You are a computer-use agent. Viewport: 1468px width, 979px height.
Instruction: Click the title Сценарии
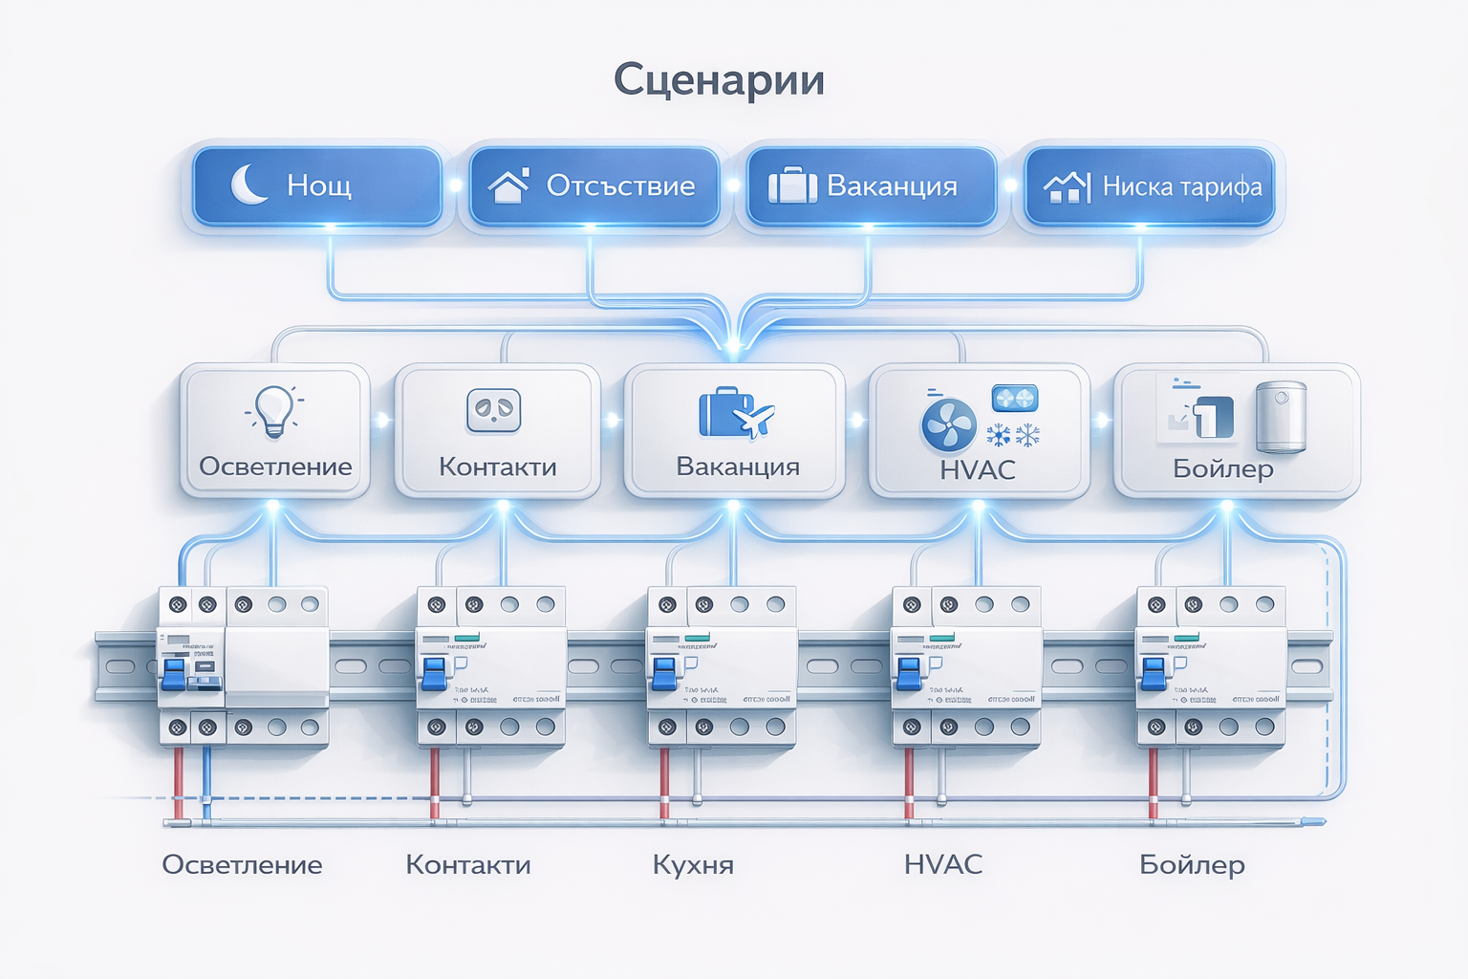pyautogui.click(x=719, y=79)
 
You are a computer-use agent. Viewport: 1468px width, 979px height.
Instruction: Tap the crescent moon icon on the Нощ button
pyautogui.click(x=248, y=184)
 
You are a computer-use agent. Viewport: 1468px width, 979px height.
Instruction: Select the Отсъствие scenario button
pyautogui.click(x=594, y=185)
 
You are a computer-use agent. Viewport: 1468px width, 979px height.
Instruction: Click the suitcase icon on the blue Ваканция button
pyautogui.click(x=792, y=185)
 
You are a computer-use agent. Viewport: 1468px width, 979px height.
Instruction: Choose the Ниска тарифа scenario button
pyautogui.click(x=1151, y=185)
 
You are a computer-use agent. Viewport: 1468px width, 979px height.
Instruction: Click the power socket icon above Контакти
pyautogui.click(x=493, y=410)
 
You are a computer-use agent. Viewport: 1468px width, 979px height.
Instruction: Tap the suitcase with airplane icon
pyautogui.click(x=734, y=413)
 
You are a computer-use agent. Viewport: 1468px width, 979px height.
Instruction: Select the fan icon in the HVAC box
pyautogui.click(x=948, y=424)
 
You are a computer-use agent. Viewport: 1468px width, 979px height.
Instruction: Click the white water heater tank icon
pyautogui.click(x=1281, y=416)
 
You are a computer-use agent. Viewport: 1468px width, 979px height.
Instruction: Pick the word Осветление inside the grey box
pyautogui.click(x=275, y=467)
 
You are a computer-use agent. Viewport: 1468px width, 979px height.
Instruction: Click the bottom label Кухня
pyautogui.click(x=693, y=865)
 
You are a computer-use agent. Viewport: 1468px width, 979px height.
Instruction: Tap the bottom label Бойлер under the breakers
pyautogui.click(x=1192, y=865)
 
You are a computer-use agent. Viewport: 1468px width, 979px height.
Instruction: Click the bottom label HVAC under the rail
pyautogui.click(x=942, y=864)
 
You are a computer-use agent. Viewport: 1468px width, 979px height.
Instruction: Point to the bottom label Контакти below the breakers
pyautogui.click(x=467, y=865)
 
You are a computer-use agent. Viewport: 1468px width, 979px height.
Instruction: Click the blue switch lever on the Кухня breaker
pyautogui.click(x=664, y=672)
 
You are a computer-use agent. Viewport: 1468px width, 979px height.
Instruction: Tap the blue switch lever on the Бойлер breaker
pyautogui.click(x=1154, y=672)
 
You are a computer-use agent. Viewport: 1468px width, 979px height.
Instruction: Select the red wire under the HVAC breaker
pyautogui.click(x=909, y=779)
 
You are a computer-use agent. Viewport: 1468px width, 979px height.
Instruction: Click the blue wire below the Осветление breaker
pyautogui.click(x=206, y=779)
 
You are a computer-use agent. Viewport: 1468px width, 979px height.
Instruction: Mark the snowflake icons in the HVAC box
pyautogui.click(x=1013, y=436)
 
